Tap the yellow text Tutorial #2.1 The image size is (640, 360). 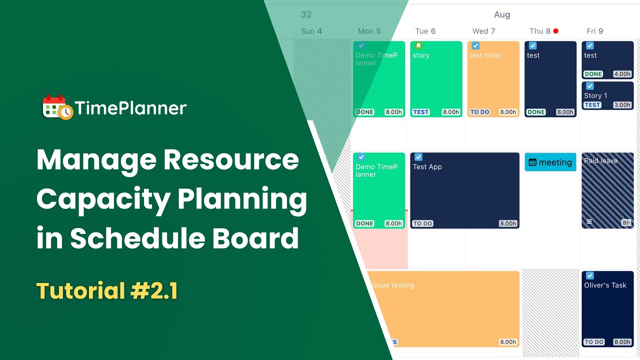point(107,291)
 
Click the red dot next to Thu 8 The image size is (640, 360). point(555,31)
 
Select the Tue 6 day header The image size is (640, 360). point(425,31)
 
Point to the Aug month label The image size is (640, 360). point(502,14)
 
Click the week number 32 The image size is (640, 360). point(306,14)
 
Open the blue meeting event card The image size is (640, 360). point(550,162)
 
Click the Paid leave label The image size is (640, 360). point(600,160)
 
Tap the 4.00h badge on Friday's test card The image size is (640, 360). point(622,74)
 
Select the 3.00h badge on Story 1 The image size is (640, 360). point(622,105)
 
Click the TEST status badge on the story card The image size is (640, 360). point(421,112)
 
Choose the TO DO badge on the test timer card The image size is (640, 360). point(479,112)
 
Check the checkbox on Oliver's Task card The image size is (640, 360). point(590,275)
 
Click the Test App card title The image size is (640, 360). point(427,166)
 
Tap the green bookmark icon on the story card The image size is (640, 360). point(418,45)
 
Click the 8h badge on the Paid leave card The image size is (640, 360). point(625,223)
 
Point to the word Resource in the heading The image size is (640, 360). point(231,160)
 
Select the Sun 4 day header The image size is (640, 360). point(311,31)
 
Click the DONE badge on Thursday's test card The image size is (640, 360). point(536,112)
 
